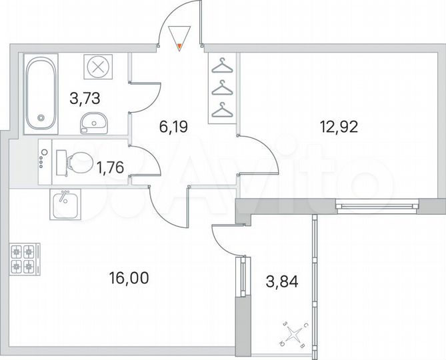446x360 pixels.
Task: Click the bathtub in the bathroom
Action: (41, 93)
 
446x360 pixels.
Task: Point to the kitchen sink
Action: (65, 203)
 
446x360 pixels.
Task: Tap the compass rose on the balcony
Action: (293, 333)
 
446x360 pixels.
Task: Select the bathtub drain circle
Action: (41, 119)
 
